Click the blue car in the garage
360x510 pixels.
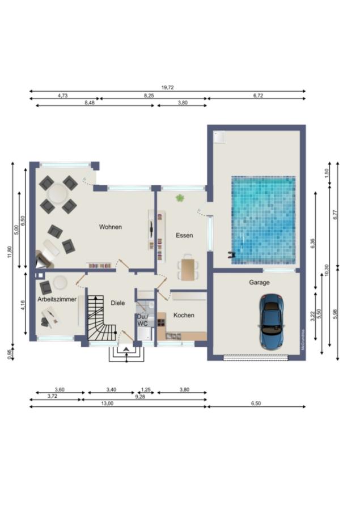(x=272, y=321)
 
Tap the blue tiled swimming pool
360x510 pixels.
(x=263, y=219)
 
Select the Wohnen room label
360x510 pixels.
(x=111, y=227)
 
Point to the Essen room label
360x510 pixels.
(x=184, y=235)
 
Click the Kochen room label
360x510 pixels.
(x=184, y=315)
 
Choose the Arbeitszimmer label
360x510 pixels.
(x=57, y=299)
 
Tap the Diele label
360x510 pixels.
(x=117, y=303)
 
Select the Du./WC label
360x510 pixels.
(x=142, y=320)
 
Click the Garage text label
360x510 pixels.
(x=259, y=282)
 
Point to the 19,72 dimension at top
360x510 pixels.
(x=167, y=87)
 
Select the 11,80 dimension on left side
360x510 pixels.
(x=10, y=252)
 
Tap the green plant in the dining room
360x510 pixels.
(x=180, y=198)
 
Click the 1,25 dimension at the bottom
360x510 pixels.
(x=146, y=389)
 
